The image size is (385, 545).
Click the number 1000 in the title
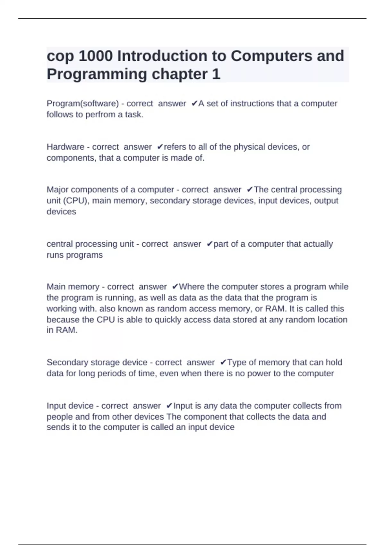(x=96, y=56)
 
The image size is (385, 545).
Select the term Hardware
(x=65, y=147)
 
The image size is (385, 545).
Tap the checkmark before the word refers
(x=160, y=147)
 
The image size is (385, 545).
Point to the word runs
(x=55, y=255)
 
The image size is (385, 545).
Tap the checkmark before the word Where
(x=175, y=287)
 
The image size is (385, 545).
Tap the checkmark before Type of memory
(x=223, y=363)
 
